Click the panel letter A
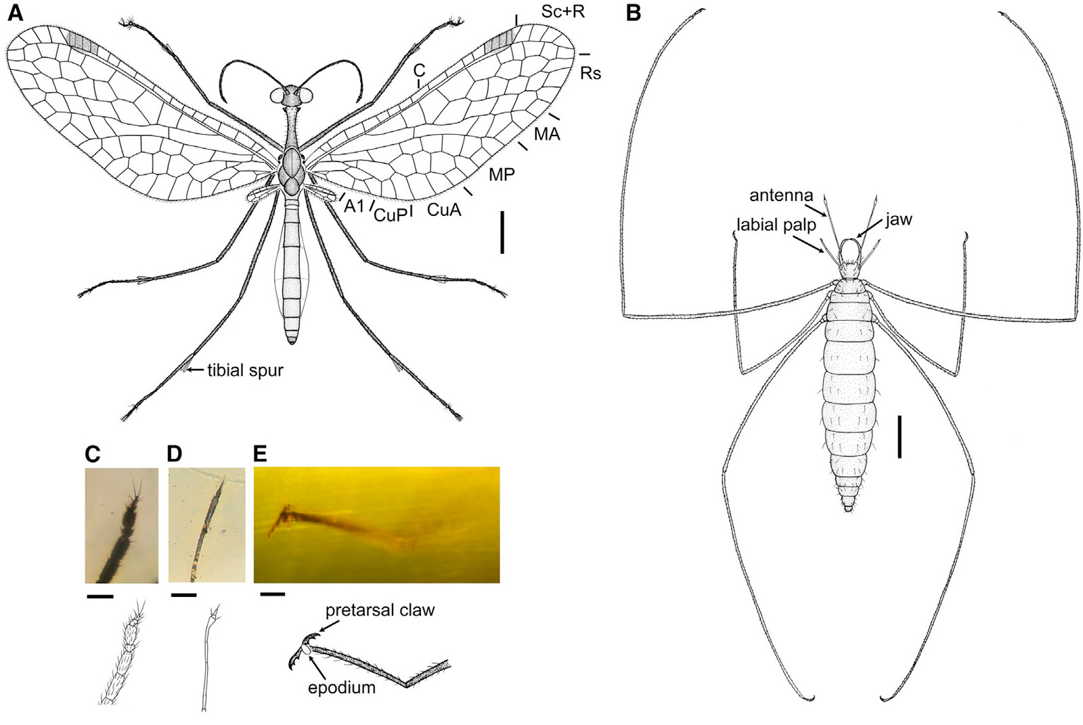pyautogui.click(x=14, y=14)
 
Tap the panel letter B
pyautogui.click(x=634, y=14)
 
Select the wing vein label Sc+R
pyautogui.click(x=562, y=12)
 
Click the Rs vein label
pyautogui.click(x=590, y=72)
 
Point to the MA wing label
pyautogui.click(x=547, y=134)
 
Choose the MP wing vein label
pyautogui.click(x=502, y=175)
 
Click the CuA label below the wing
pyautogui.click(x=444, y=210)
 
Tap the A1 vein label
pyautogui.click(x=355, y=206)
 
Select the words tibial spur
pyautogui.click(x=245, y=370)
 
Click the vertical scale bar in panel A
pyautogui.click(x=502, y=232)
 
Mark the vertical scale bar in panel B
pyautogui.click(x=900, y=437)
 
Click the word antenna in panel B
pyautogui.click(x=781, y=196)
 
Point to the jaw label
pyautogui.click(x=899, y=219)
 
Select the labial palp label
pyautogui.click(x=776, y=225)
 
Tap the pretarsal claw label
pyautogui.click(x=380, y=610)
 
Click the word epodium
pyautogui.click(x=341, y=688)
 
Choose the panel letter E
pyautogui.click(x=260, y=453)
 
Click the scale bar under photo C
pyautogui.click(x=100, y=596)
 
